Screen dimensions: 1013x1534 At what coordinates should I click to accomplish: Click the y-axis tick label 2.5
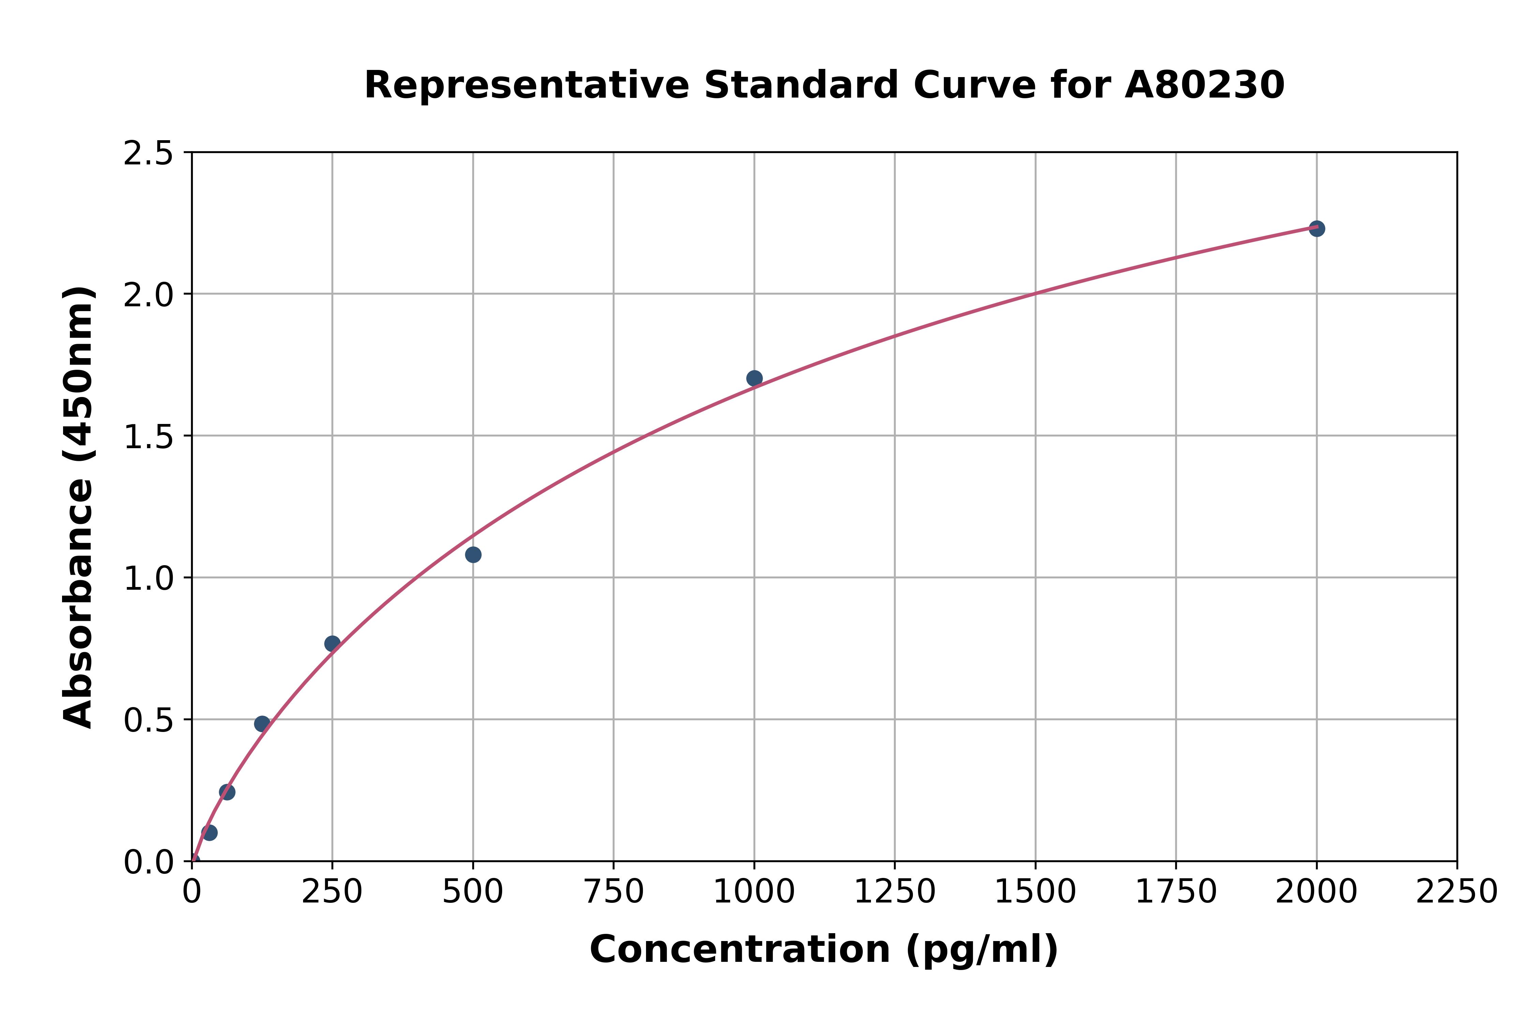click(x=149, y=154)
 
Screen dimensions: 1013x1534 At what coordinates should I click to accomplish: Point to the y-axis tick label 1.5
click(x=149, y=437)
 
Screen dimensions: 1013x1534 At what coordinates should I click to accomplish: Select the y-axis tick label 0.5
click(x=149, y=720)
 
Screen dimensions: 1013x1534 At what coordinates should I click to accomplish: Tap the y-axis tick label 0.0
click(x=149, y=862)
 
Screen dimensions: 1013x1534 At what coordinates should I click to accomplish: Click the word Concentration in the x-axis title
click(x=740, y=950)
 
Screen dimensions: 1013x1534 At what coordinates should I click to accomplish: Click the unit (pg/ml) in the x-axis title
click(x=981, y=950)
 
